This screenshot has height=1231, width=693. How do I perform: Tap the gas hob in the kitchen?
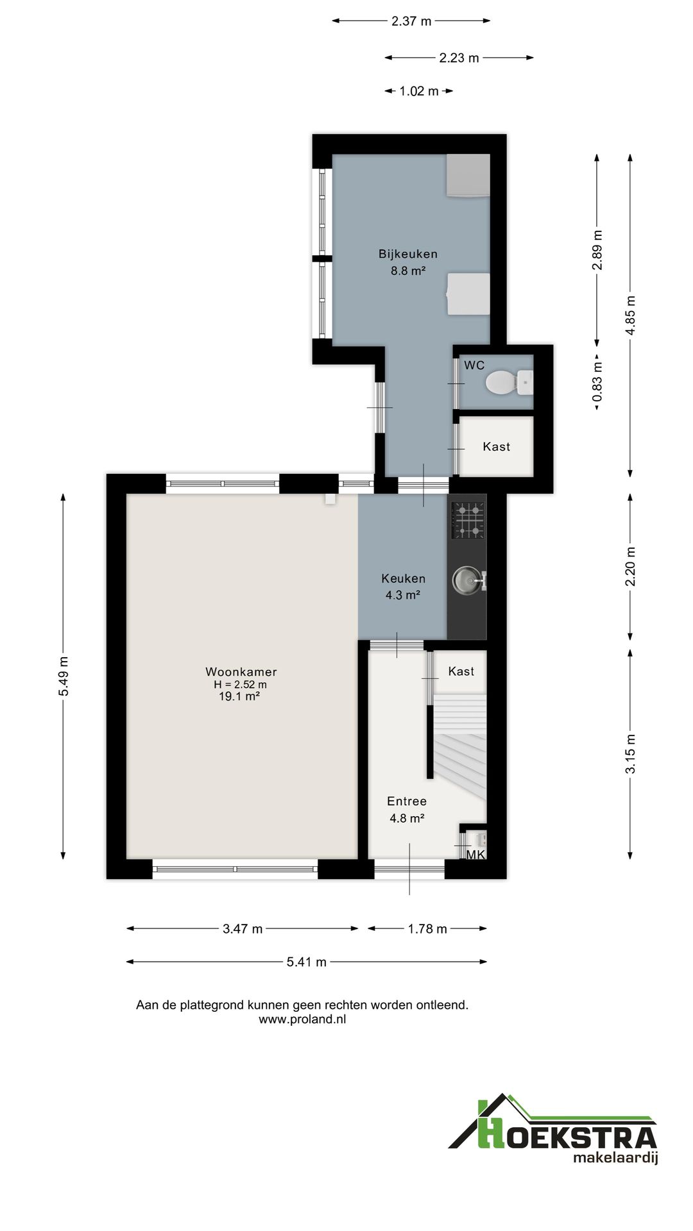pyautogui.click(x=468, y=520)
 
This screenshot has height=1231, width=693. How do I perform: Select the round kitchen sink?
pyautogui.click(x=466, y=581)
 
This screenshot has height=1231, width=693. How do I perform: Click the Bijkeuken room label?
pyautogui.click(x=408, y=254)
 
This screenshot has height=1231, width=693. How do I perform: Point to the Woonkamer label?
pyautogui.click(x=241, y=672)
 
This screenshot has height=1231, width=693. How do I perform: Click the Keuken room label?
pyautogui.click(x=403, y=578)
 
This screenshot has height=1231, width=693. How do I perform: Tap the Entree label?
pyautogui.click(x=407, y=801)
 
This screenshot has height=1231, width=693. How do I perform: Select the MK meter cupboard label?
pyautogui.click(x=476, y=855)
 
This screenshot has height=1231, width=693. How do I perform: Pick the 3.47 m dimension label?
pyautogui.click(x=243, y=928)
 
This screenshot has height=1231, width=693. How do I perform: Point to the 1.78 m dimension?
pyautogui.click(x=427, y=928)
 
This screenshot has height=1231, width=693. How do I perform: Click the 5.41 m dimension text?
pyautogui.click(x=307, y=962)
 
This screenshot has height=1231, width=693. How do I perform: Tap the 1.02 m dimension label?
pyautogui.click(x=419, y=91)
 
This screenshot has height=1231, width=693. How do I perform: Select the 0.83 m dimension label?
pyautogui.click(x=597, y=383)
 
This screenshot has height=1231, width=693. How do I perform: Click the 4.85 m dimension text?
pyautogui.click(x=631, y=315)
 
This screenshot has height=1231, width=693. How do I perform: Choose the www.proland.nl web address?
pyautogui.click(x=302, y=1019)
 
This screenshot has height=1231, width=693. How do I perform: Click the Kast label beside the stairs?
pyautogui.click(x=461, y=671)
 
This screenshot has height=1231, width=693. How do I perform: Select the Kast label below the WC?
pyautogui.click(x=497, y=446)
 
